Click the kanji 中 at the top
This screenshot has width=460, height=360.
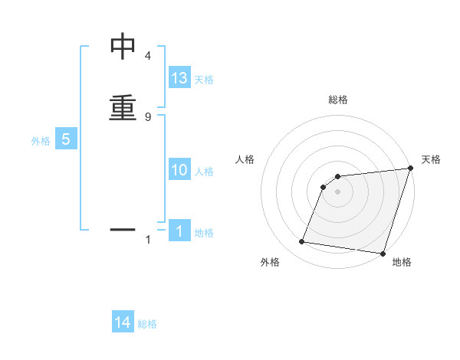(x=123, y=47)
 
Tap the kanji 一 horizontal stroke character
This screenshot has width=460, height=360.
(x=123, y=228)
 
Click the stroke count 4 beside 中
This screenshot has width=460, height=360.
(x=147, y=56)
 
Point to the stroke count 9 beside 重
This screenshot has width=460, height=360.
(x=147, y=116)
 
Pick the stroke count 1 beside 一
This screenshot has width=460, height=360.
(x=147, y=240)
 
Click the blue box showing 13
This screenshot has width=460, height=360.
(x=179, y=78)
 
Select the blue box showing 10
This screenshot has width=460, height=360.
(x=179, y=170)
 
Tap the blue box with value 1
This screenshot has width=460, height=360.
(x=179, y=231)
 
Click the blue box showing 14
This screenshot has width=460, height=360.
(x=123, y=323)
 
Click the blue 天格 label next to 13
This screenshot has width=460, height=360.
(x=204, y=80)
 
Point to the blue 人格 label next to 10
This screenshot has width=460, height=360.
(x=204, y=172)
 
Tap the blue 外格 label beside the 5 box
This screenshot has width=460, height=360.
(x=41, y=141)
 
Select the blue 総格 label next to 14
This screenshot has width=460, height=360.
(x=147, y=325)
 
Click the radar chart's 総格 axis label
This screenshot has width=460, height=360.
(x=338, y=100)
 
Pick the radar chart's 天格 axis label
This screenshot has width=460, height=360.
(x=431, y=159)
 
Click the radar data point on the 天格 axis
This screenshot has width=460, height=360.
(x=410, y=169)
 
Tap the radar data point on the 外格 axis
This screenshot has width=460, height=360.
(x=302, y=242)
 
